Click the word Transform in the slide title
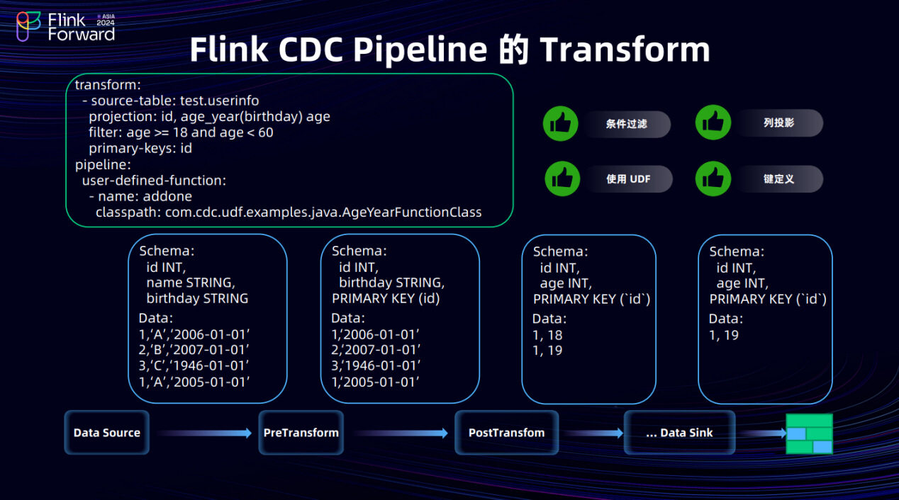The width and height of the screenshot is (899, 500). [625, 50]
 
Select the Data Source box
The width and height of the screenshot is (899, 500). [107, 433]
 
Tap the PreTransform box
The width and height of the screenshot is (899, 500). [301, 433]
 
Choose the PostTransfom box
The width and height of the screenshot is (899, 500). [506, 433]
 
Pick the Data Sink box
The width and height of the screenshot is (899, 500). [679, 433]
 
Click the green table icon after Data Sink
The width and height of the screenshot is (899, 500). [809, 433]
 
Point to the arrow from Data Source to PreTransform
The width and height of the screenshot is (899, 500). [204, 433]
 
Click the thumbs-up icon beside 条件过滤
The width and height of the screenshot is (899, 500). [562, 124]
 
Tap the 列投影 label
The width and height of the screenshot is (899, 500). [778, 123]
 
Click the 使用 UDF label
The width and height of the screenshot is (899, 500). [628, 179]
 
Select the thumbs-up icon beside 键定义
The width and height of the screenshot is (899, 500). [713, 179]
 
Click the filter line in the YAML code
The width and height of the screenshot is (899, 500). [181, 132]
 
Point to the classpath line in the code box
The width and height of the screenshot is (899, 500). [289, 212]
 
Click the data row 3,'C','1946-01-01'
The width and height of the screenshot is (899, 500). [194, 365]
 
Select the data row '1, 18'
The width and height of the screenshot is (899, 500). [547, 335]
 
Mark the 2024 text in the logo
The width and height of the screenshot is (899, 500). [105, 23]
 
